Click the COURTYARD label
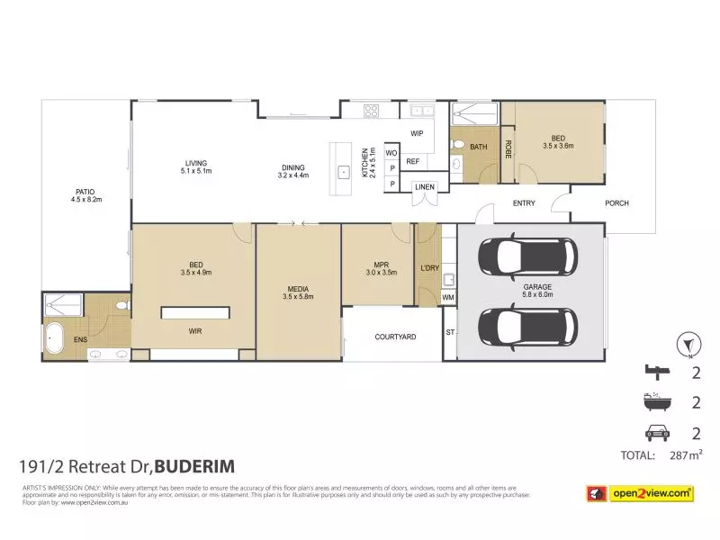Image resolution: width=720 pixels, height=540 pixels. [x=394, y=337]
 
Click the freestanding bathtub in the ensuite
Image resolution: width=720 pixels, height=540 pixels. [x=57, y=340]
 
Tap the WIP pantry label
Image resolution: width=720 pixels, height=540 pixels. [x=417, y=133]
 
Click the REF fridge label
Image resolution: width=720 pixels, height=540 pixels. [x=413, y=162]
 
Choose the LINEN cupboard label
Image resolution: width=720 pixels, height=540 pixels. [x=425, y=187]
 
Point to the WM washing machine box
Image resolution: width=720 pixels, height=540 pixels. [x=448, y=297]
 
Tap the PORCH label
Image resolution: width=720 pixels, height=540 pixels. [x=616, y=203]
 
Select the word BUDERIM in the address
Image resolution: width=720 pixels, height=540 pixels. [x=196, y=466]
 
